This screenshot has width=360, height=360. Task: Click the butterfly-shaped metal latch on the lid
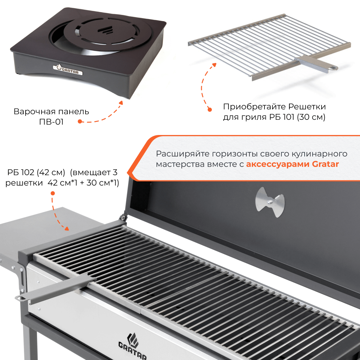(270, 202)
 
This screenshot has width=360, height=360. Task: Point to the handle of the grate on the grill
(55, 288)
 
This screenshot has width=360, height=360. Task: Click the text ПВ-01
(51, 122)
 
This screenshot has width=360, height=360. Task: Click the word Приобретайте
(254, 107)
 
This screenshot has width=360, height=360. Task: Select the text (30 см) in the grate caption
(311, 117)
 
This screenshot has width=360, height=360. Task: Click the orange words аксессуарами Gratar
(292, 164)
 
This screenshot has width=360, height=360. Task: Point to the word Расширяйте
(183, 154)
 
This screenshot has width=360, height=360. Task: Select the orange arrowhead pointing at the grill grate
(66, 228)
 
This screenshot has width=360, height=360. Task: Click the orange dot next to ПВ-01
(80, 121)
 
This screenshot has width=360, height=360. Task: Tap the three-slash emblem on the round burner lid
(105, 30)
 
